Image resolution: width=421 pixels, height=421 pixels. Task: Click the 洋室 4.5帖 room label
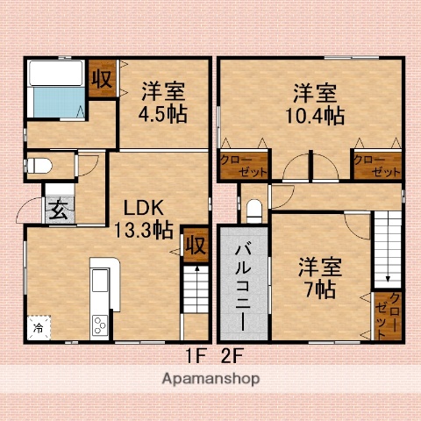[x=162, y=103]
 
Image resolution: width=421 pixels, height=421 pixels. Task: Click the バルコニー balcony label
[x=243, y=280]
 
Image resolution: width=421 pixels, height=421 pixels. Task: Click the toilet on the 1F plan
[x=40, y=165]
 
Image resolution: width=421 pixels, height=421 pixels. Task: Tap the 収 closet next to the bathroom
[x=102, y=78]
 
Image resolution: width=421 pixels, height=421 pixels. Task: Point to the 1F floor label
[x=194, y=355]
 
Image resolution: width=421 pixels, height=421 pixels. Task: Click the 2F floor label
[x=231, y=355]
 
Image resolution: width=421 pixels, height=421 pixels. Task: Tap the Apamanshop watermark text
[x=210, y=379]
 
